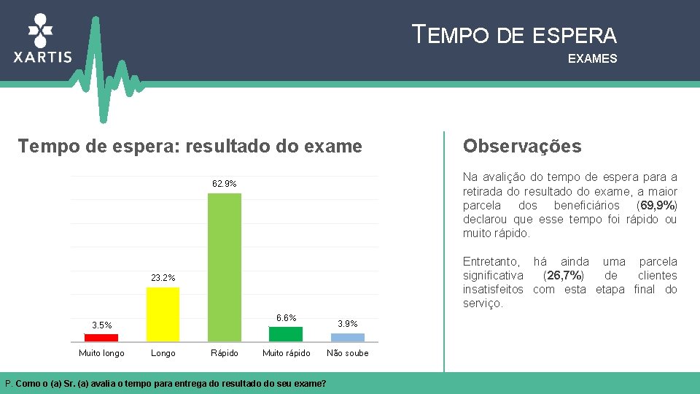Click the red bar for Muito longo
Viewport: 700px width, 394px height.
pos(101,338)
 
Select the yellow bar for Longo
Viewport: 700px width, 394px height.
pos(163,314)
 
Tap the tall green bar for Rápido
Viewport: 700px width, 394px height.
pos(225,267)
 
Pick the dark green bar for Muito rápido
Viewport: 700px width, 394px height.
pos(286,333)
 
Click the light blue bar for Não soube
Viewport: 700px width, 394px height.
pos(347,337)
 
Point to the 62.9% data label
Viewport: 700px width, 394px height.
pos(225,184)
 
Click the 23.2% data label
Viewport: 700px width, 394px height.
pos(163,278)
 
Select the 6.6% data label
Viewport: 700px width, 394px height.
pos(286,317)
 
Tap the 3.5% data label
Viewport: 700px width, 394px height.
pos(102,325)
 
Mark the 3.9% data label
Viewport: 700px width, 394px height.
pos(348,323)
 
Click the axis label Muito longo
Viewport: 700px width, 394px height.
pos(101,353)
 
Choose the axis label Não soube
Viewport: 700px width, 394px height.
pos(348,353)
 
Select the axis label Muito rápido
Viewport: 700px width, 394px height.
pos(286,353)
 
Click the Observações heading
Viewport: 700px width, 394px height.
pos(522,147)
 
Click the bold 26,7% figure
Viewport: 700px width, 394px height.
pos(563,275)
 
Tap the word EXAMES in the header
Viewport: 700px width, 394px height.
pos(592,58)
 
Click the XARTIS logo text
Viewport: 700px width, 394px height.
pos(43,57)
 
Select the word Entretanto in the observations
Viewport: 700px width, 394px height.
pos(491,261)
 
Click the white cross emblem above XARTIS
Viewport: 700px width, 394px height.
pos(41,31)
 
